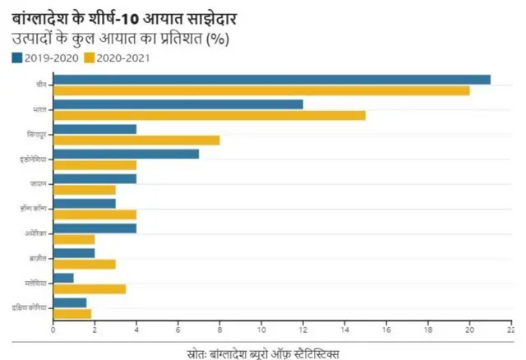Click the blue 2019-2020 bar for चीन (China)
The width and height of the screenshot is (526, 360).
coord(271,80)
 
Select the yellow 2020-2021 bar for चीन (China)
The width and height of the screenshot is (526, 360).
coord(261,90)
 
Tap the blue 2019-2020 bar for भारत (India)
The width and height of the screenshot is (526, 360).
coord(178,104)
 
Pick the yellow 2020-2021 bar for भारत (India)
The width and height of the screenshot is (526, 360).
coord(209,115)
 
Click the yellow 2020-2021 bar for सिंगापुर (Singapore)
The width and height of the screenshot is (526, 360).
coord(136,140)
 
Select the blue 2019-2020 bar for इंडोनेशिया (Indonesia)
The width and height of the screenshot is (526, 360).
coord(126,154)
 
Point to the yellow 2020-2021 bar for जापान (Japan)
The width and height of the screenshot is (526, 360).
coord(84,190)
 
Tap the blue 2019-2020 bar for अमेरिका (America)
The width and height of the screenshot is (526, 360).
coord(95,228)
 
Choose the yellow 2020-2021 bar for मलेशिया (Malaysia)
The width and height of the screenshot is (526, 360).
coord(89,288)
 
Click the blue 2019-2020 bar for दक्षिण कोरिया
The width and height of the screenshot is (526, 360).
coord(69,302)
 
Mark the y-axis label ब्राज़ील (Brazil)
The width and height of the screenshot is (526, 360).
coord(37,258)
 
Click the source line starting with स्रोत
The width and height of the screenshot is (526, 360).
coord(263,351)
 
